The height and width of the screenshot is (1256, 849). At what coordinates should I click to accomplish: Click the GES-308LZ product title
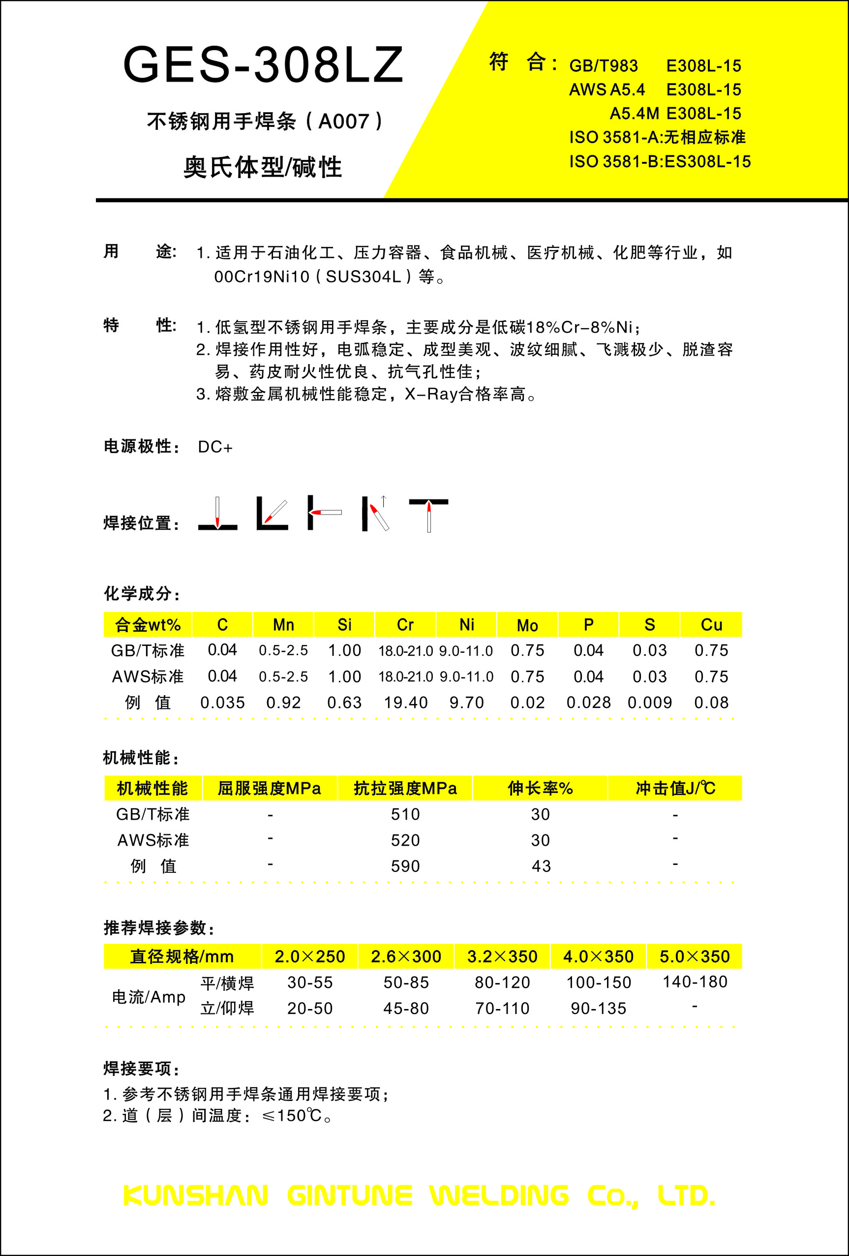pos(263,65)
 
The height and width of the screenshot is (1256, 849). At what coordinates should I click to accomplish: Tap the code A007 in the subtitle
pos(343,122)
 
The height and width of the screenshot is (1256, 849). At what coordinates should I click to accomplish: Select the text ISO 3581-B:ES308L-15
pos(660,161)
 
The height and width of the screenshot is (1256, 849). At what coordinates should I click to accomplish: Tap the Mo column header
pos(527,625)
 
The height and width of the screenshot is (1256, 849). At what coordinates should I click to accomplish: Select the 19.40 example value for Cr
pos(405,703)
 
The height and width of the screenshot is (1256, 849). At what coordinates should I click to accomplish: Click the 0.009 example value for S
pos(650,703)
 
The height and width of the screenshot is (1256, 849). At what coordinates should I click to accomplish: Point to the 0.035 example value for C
pos(222,703)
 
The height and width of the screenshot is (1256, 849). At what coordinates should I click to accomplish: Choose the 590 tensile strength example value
pos(405,866)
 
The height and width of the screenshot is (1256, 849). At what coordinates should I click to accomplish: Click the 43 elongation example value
pos(541,866)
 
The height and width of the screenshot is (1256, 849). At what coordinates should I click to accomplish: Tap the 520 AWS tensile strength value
pos(405,840)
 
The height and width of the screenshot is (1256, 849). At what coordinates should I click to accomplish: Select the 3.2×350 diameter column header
pos(502,956)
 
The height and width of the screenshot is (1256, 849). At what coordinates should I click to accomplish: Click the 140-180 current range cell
pos(695,981)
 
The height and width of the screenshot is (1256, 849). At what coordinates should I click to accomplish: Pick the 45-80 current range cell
pos(406,1008)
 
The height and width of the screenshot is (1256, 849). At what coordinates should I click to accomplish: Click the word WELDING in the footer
pos(499,1195)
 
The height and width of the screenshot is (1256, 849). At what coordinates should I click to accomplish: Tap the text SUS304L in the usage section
pos(363,276)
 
